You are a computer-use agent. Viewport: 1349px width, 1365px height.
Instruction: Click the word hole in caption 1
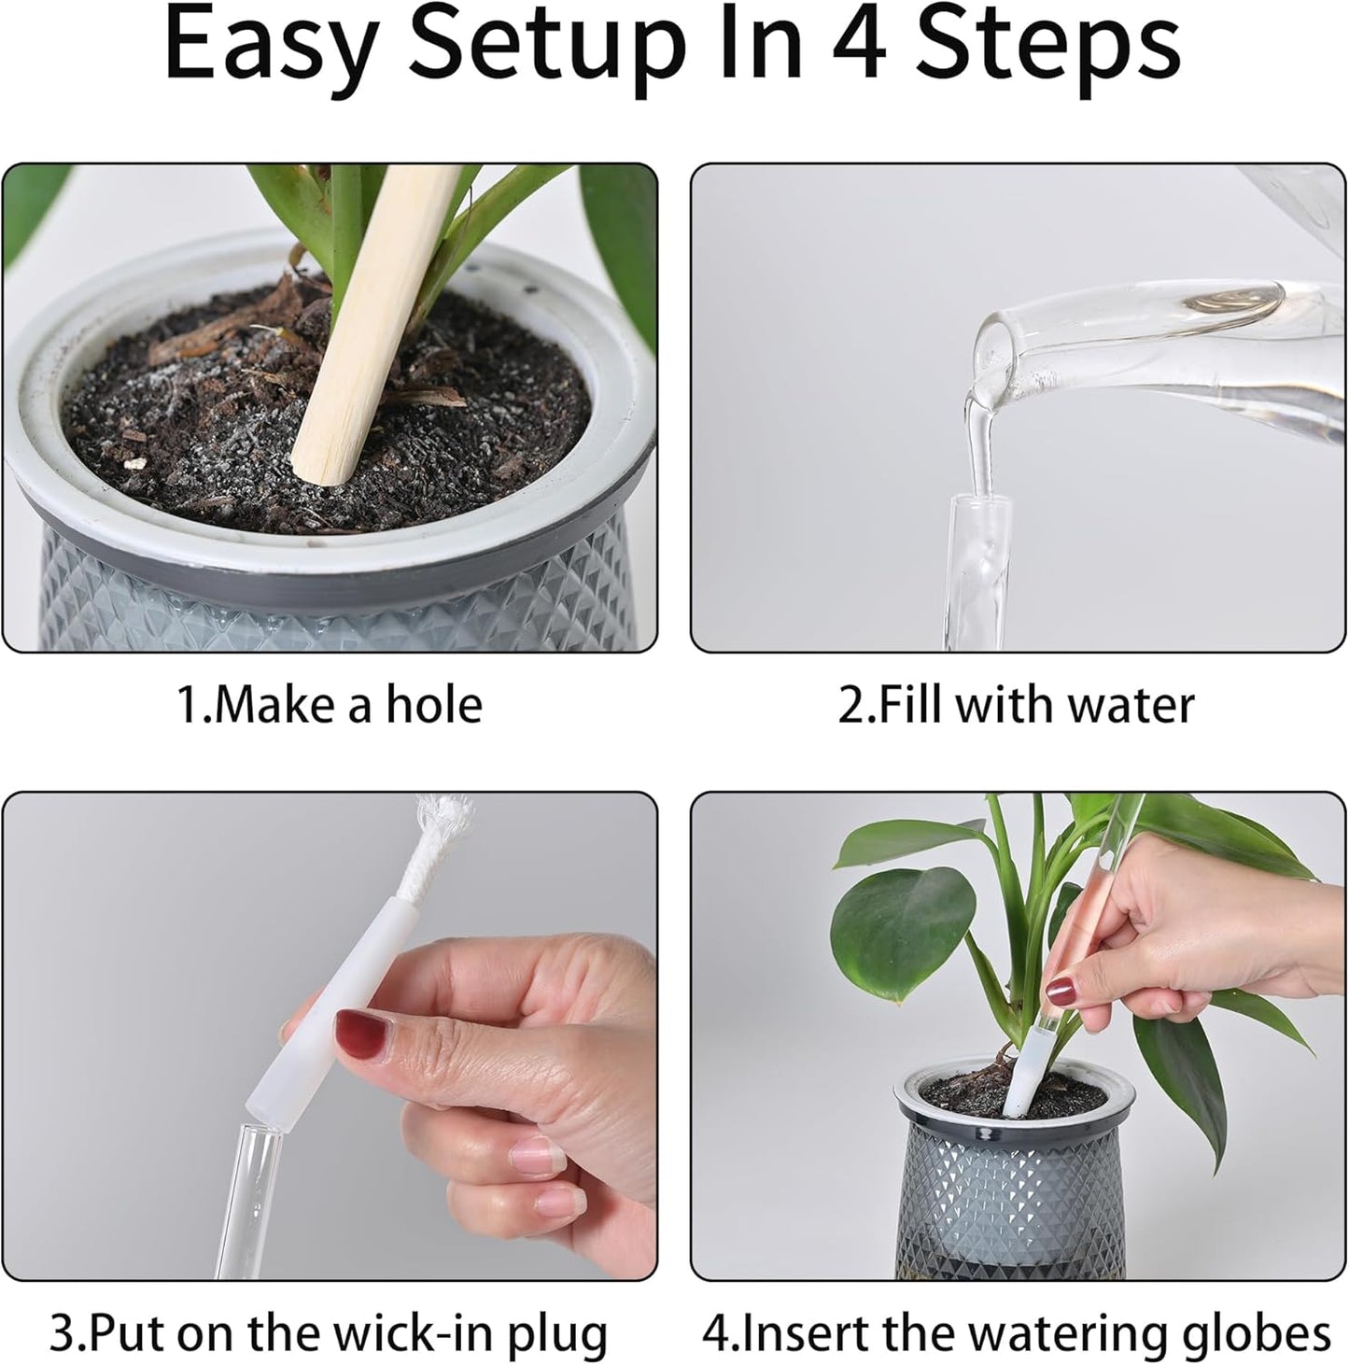tap(435, 705)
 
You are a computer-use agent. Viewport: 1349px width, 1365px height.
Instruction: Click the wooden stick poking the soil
tap(373, 317)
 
